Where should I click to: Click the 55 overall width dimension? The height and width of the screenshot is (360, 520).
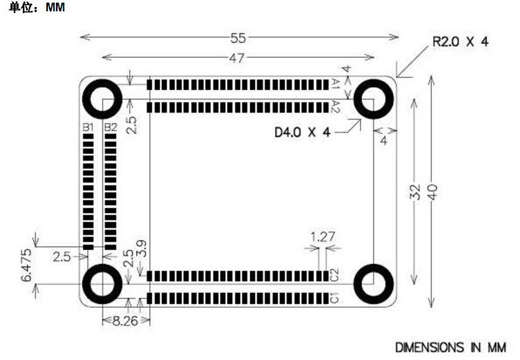pos(238,38)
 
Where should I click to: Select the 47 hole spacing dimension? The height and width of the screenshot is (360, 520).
pos(237,59)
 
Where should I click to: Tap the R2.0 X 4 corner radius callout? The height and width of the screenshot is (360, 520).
pos(461,42)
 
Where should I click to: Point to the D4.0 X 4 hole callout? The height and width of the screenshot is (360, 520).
pos(302,133)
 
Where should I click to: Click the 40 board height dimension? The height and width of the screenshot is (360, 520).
pos(432,192)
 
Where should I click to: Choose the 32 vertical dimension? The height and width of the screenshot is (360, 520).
pos(415,192)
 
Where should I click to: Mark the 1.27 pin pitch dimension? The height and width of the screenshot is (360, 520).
pos(322,237)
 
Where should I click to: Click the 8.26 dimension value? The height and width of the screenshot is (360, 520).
pos(125,321)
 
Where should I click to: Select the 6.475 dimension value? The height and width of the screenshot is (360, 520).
pos(26,265)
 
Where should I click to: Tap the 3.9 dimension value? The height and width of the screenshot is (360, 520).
pos(142,248)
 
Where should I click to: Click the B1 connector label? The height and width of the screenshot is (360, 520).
pos(88,128)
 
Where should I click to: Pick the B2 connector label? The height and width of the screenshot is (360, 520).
pos(110,128)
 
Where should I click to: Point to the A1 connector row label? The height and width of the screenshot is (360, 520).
pos(336,84)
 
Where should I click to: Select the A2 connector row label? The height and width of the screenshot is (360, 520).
pos(336,107)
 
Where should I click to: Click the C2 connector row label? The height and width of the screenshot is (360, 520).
pos(335,275)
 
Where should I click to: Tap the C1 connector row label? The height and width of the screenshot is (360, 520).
pos(335,298)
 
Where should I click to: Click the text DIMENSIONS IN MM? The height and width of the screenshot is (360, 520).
pos(451,348)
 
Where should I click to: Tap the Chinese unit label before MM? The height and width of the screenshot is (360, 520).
pos(21,7)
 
